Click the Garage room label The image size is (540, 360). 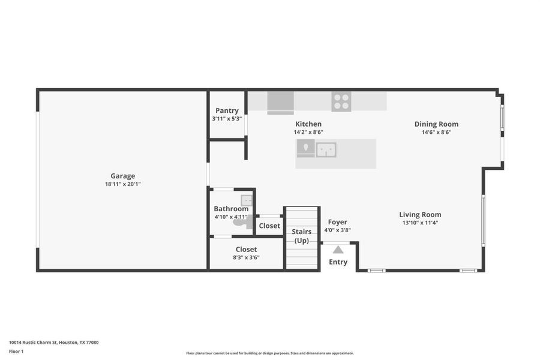click(x=122, y=176)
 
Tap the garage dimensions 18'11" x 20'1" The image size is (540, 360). click(x=122, y=184)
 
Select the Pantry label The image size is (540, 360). click(x=227, y=110)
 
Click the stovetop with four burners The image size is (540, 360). click(x=341, y=101)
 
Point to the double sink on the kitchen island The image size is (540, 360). click(x=326, y=149)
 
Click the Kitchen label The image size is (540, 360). click(x=308, y=124)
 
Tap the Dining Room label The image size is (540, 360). click(x=436, y=124)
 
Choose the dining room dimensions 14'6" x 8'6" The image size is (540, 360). click(x=436, y=132)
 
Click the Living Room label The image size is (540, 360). click(x=420, y=214)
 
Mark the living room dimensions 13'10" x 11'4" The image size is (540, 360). click(x=420, y=223)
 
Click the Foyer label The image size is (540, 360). click(x=337, y=222)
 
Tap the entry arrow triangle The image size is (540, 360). click(x=338, y=249)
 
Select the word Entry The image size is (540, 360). click(x=338, y=262)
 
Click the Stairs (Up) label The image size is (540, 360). click(x=301, y=236)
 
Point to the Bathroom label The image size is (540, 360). click(x=231, y=209)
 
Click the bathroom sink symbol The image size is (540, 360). click(x=247, y=200)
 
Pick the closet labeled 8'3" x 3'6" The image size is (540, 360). click(x=246, y=253)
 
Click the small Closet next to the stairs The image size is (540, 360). click(x=269, y=226)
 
